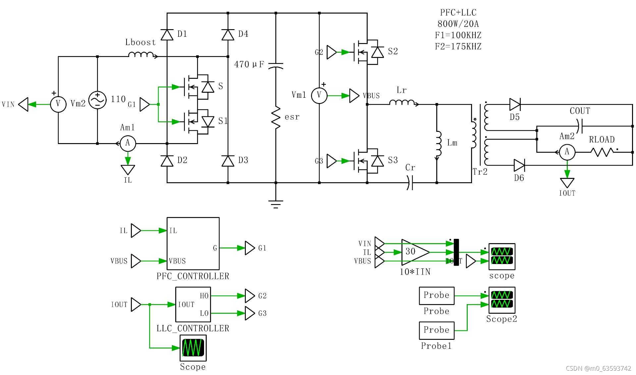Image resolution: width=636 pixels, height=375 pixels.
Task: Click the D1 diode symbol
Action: point(167,34)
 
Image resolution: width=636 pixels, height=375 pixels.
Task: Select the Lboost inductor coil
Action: point(141,55)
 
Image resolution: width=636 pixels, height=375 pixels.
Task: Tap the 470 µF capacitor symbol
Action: point(276,65)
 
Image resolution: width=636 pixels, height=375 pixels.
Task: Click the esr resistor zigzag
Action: point(276,118)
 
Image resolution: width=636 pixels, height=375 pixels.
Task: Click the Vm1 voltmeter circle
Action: point(319,95)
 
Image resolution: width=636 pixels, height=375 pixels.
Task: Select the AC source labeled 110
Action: point(97,100)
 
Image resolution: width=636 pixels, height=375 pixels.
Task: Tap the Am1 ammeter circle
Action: point(128,143)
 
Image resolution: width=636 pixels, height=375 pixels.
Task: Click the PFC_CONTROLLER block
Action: point(193,243)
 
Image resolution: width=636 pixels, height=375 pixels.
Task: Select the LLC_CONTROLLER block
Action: point(193,304)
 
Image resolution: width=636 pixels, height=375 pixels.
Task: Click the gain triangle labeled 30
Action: point(414,252)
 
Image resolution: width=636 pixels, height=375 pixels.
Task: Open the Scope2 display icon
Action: point(502,300)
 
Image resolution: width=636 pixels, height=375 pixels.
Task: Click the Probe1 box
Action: point(436,330)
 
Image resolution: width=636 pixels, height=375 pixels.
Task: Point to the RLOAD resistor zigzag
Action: point(602,152)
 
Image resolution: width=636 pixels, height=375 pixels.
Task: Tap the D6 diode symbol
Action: point(519,165)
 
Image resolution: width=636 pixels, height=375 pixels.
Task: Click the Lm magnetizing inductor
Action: point(438,143)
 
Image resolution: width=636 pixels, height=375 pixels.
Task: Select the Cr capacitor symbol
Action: point(410,183)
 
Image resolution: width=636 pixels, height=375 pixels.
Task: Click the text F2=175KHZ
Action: point(458,46)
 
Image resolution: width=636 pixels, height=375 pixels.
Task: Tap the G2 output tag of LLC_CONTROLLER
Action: point(250,296)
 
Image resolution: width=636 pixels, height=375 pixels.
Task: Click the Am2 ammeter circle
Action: point(567,152)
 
